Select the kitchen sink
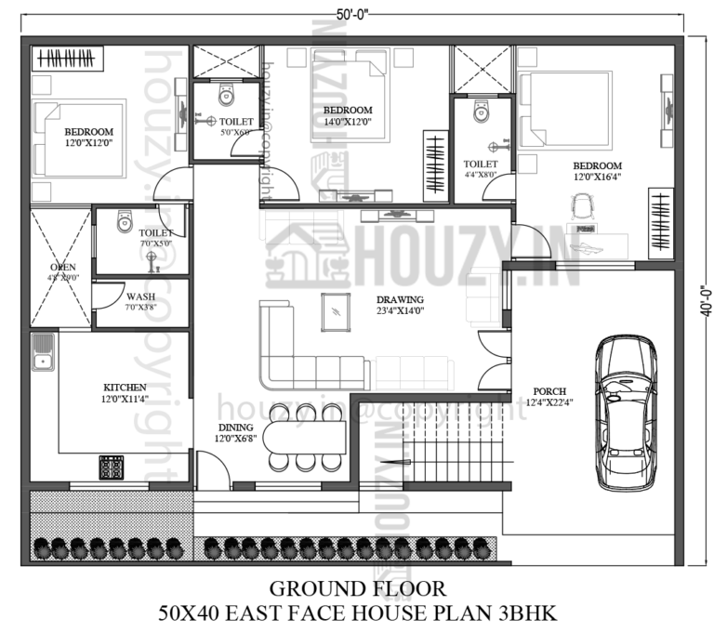pos(43,353)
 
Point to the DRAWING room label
pos(400,299)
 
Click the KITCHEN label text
pos(125,387)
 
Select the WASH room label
pos(140,297)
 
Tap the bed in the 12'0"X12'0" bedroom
pos(80,138)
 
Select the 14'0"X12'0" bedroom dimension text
pos(349,122)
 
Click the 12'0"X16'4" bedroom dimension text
pos(600,177)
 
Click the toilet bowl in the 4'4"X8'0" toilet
pos(480,112)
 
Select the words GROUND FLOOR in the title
pos(357,588)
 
